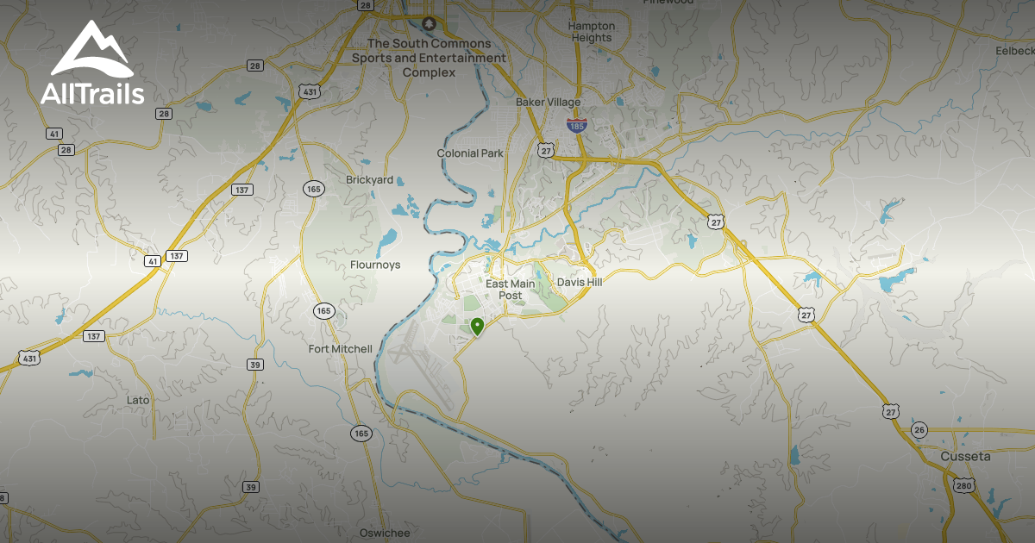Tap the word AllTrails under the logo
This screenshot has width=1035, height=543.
pos(92,94)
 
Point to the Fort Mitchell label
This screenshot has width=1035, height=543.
pos(341,349)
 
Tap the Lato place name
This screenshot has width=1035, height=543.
pos(138,400)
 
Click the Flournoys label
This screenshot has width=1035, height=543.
pos(375,265)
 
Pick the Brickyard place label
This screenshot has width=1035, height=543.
pos(369,180)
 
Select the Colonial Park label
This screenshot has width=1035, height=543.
pos(470,153)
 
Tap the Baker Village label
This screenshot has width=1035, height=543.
pos(548,102)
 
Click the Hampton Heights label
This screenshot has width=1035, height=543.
pos(591,32)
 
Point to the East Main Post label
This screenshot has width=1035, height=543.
pos(511,289)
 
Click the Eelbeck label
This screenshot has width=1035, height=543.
pos(1014,51)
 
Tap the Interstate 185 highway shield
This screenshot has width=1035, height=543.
pos(577,125)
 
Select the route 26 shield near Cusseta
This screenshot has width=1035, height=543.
pos(919,430)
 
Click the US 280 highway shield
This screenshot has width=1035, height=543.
pos(963,487)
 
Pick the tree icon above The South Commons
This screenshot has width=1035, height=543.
pos(428,23)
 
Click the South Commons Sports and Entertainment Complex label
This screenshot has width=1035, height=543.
pos(429,58)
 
